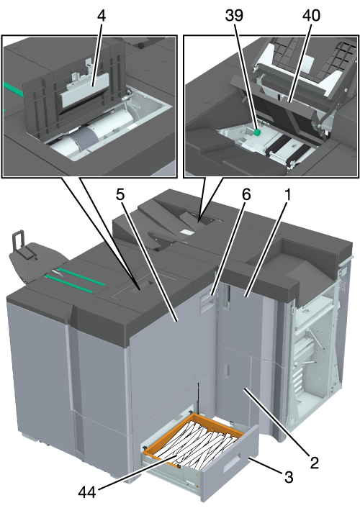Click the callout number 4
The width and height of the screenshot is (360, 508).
(102, 16)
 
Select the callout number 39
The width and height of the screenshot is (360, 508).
(234, 16)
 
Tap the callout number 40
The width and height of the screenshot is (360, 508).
(311, 16)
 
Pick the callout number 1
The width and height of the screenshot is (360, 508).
(287, 195)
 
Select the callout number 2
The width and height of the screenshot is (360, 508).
(314, 463)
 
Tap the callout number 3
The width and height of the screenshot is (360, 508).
(289, 477)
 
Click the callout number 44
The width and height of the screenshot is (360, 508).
(87, 493)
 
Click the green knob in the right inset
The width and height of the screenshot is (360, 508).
(257, 132)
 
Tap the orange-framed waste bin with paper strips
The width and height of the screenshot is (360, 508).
(194, 440)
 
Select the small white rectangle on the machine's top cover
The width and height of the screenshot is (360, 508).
(187, 232)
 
